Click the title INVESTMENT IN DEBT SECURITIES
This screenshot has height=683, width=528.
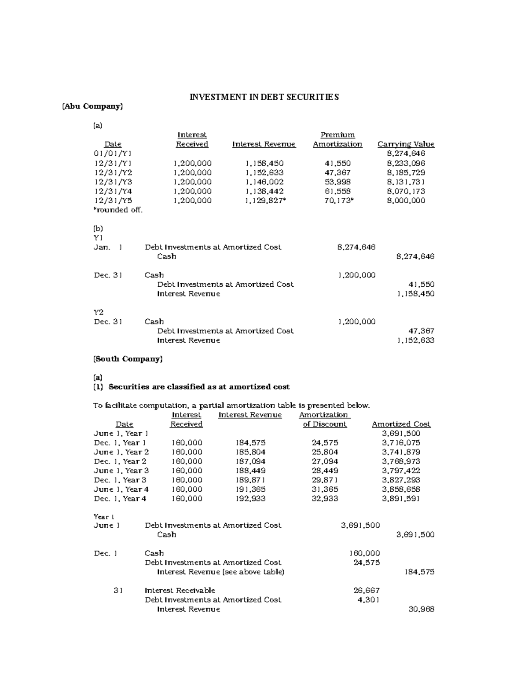264,97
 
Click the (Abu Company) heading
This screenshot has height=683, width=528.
92,106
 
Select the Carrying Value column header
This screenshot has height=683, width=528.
406,144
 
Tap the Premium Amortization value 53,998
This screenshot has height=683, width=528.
337,182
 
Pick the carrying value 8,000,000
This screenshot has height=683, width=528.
406,201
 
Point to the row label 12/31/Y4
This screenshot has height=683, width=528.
113,191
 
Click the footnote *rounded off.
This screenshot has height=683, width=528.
118,210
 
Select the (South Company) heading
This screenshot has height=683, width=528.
128,359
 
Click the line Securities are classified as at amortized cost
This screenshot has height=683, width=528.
199,387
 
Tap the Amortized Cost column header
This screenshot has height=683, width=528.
401,424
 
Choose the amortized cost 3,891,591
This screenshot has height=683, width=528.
401,499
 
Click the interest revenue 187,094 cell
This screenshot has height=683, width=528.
251,461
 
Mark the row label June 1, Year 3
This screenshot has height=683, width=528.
121,471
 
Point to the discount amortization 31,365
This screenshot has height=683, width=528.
325,489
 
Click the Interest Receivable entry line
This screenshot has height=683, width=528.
180,591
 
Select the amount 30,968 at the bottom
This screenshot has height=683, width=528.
422,609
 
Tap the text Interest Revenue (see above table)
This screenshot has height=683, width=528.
220,572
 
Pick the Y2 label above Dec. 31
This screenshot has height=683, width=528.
99,312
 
